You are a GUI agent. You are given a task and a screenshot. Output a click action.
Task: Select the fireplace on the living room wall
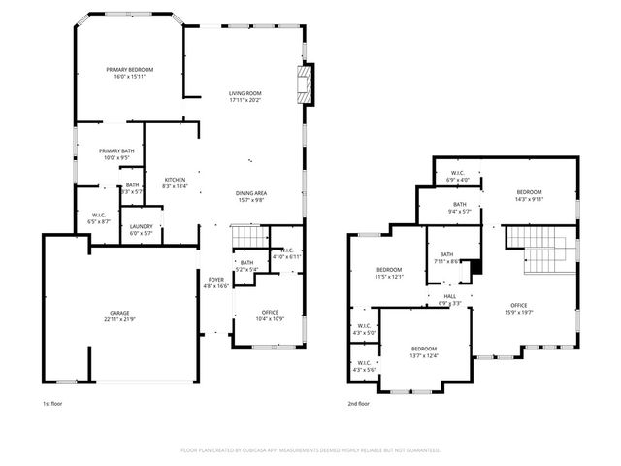307,83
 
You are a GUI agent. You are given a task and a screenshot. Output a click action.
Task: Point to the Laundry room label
142,229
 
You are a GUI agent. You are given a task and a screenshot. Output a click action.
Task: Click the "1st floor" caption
52,403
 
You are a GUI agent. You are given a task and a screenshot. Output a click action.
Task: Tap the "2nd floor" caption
358,403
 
